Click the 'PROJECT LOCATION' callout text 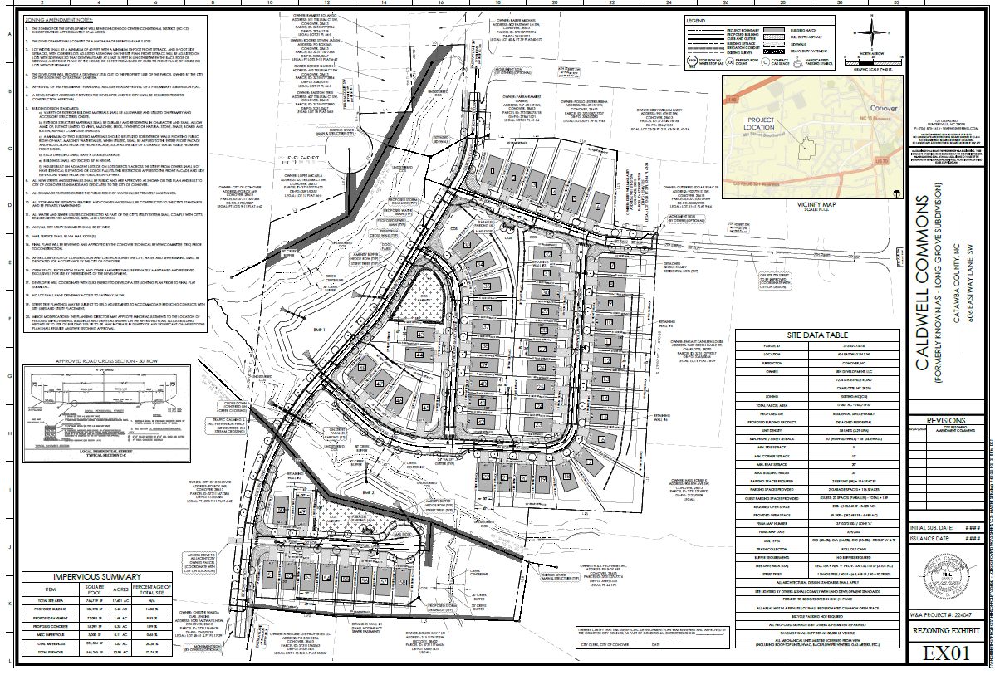point(762,124)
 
